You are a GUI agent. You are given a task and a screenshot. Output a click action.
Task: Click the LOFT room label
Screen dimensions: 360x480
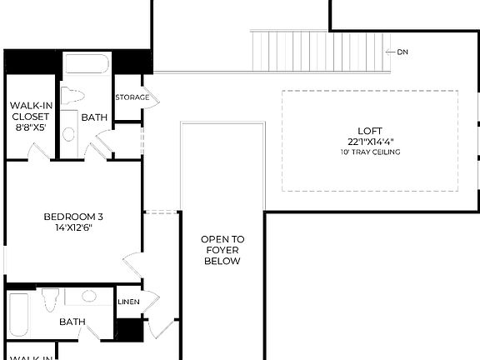tap(370, 131)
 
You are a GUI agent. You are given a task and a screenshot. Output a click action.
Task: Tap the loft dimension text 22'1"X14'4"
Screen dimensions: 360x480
tap(370, 142)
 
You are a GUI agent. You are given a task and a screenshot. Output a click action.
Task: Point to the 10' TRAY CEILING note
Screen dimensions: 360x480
tap(370, 152)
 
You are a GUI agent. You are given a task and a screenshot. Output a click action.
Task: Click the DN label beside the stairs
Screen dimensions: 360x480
tap(402, 52)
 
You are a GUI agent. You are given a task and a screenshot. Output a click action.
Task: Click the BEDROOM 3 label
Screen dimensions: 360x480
tap(73, 217)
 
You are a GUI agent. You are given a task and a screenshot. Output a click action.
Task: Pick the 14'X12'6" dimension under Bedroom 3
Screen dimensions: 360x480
tap(73, 227)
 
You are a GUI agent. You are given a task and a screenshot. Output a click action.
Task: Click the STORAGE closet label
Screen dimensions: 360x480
tap(132, 97)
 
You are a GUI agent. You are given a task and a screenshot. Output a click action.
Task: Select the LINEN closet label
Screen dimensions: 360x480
tap(128, 302)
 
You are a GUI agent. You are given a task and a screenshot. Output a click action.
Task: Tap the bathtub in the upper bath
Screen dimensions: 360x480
tap(86, 66)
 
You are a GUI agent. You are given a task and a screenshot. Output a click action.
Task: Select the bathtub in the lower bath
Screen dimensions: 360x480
tap(18, 318)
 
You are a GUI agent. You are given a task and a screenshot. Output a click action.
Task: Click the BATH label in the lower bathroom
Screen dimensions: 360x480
tap(72, 322)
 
